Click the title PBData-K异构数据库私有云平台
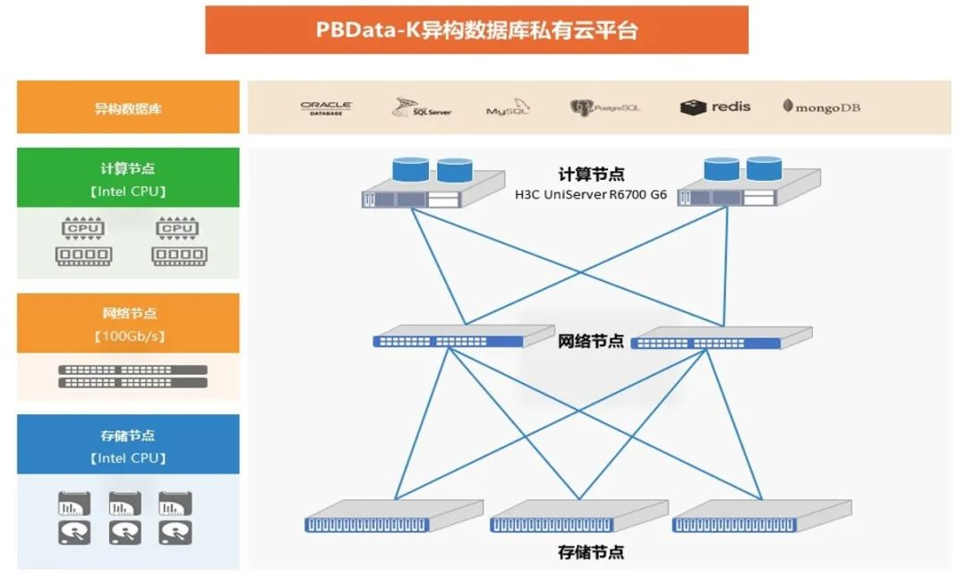click(x=476, y=30)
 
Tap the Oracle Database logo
click(x=326, y=108)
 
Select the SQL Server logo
click(x=421, y=108)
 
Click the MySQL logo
click(x=508, y=109)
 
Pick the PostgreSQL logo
click(x=605, y=108)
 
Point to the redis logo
click(x=715, y=107)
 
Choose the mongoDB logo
click(x=821, y=107)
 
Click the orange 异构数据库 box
click(x=128, y=108)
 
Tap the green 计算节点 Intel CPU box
click(x=128, y=178)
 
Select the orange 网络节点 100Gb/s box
click(x=128, y=324)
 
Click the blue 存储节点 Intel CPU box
click(x=128, y=445)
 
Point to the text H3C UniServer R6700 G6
click(x=590, y=194)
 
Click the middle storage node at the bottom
click(x=578, y=518)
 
